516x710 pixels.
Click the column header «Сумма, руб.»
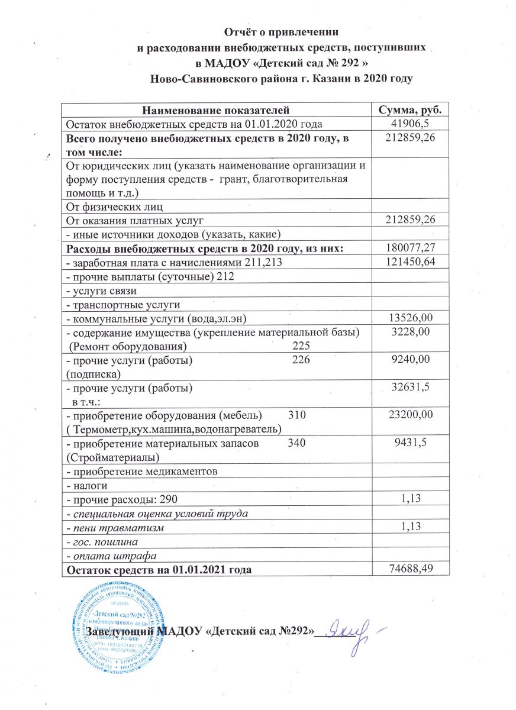pyautogui.click(x=409, y=111)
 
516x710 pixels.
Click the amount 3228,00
pyautogui.click(x=409, y=333)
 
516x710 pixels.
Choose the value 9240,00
pyautogui.click(x=409, y=360)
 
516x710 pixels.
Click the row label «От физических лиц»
pyautogui.click(x=114, y=206)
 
